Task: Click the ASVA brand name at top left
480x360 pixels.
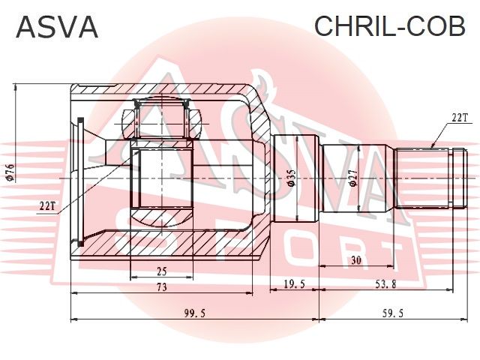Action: (x=57, y=27)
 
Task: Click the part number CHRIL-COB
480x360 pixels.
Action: (x=390, y=26)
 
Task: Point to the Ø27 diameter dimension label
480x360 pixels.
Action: (x=353, y=178)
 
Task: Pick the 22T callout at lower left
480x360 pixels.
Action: (x=46, y=206)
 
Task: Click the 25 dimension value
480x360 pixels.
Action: (x=161, y=271)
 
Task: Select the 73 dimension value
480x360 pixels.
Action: (x=162, y=287)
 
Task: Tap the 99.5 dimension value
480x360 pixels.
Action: (x=195, y=313)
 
